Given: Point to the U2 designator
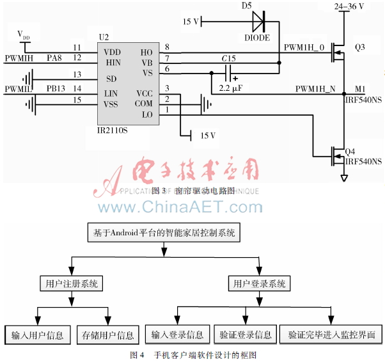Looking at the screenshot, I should (104, 38).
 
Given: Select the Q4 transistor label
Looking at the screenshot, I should (350, 152).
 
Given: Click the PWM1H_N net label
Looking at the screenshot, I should (315, 88).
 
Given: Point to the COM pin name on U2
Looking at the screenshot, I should (145, 102).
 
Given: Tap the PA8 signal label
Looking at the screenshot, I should (54, 59).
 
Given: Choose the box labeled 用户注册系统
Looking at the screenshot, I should (69, 283).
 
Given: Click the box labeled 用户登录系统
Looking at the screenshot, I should (260, 283).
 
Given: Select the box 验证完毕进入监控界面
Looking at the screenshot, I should (331, 334).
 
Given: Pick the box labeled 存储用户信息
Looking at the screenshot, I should (107, 334).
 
